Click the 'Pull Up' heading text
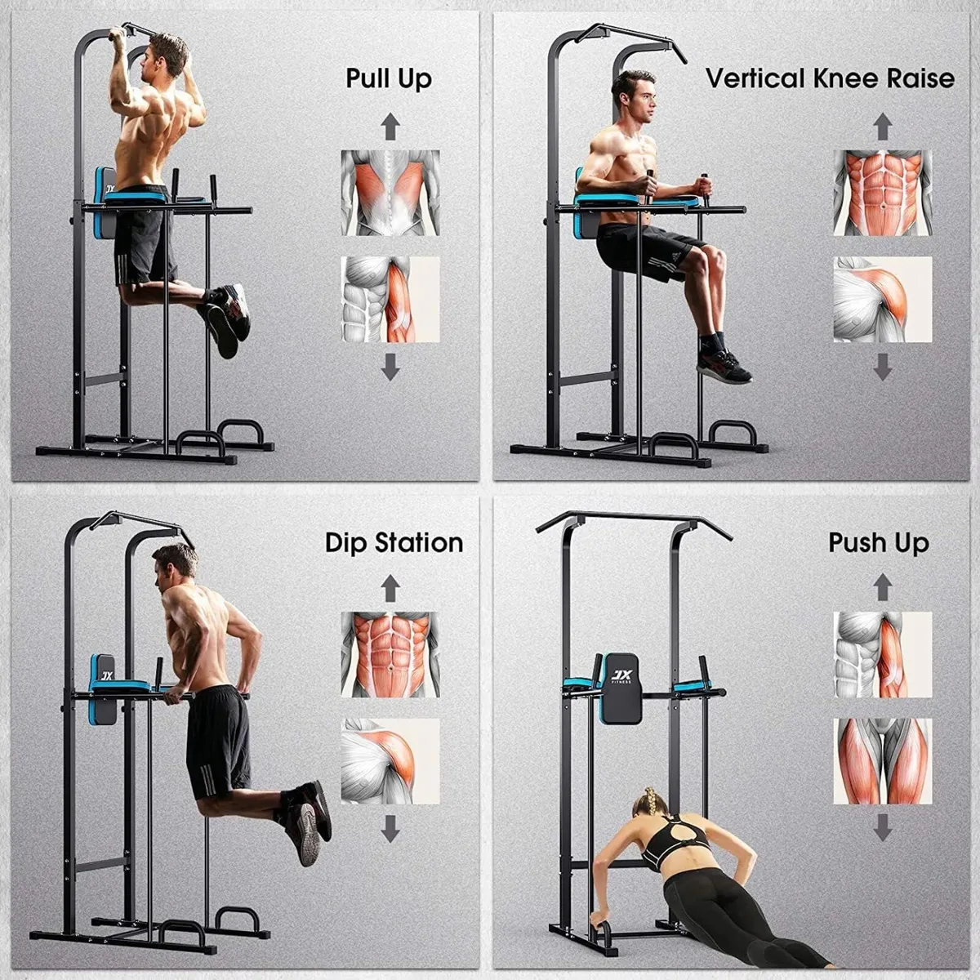tap(389, 79)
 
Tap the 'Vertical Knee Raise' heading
tap(830, 78)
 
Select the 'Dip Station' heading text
tap(394, 543)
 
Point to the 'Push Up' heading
tap(879, 543)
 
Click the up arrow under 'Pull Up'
tap(390, 127)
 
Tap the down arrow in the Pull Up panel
tap(390, 366)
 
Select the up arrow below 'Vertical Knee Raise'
tap(882, 127)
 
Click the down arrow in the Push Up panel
tap(882, 828)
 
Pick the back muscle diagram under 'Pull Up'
tap(390, 193)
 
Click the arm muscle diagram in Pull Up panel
tap(390, 299)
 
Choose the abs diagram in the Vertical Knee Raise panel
tap(882, 193)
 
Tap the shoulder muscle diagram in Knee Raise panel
tap(882, 299)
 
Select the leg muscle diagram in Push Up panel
tap(882, 760)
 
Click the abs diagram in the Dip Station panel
tap(390, 654)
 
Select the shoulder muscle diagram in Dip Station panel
tap(390, 760)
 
